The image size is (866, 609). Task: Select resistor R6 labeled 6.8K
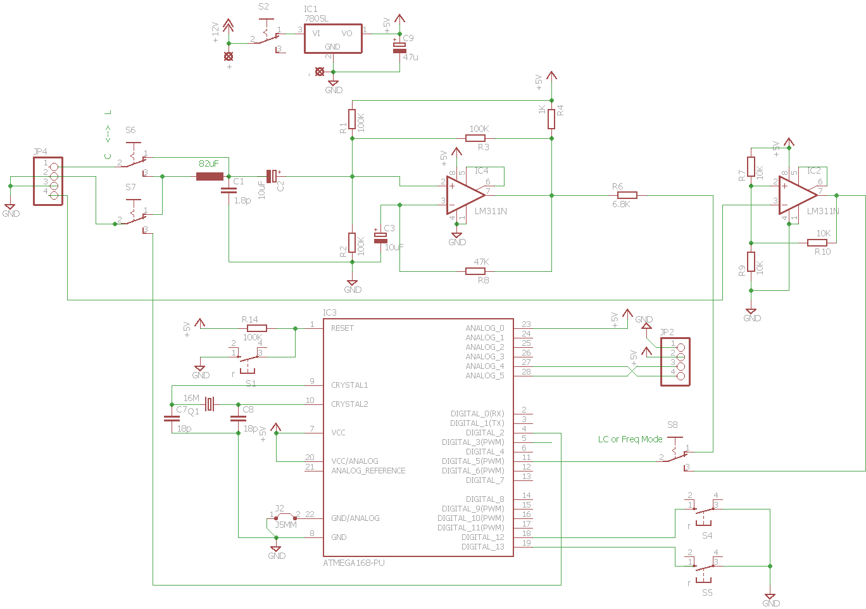[627, 195]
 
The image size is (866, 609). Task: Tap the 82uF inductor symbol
[210, 176]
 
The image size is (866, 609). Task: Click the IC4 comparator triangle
[466, 195]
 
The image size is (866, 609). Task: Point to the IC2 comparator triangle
[798, 195]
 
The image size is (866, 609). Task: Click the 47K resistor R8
[475, 271]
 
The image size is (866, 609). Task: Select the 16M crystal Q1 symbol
[210, 404]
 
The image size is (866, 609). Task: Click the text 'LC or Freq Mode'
[630, 439]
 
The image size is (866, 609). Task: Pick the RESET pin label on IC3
[342, 328]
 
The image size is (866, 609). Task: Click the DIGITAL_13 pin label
[483, 547]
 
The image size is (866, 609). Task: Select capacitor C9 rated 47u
[399, 48]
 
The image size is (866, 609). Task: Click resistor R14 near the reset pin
[257, 328]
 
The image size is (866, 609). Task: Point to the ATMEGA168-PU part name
[354, 563]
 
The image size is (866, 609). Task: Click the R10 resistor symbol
[817, 243]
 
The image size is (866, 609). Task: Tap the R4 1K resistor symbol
[551, 119]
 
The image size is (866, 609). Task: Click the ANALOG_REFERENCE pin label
[368, 470]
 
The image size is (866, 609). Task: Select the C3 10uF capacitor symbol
[380, 238]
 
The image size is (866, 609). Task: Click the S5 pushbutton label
[707, 593]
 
